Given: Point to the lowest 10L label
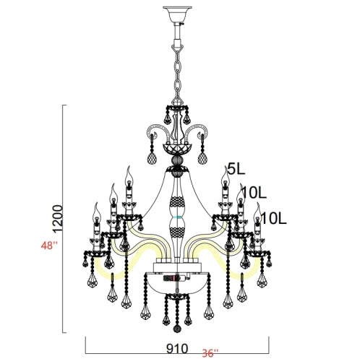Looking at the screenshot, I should [275, 217].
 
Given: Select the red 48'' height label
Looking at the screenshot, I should [49, 246].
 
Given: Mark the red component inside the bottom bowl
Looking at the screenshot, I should [170, 277].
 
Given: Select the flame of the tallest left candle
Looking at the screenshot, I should [129, 173].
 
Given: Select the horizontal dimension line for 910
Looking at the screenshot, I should [176, 337].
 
